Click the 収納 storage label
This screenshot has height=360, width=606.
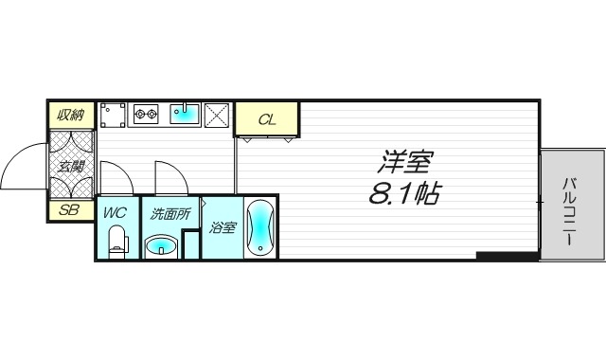pyautogui.click(x=71, y=116)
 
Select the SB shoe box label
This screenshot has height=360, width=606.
pyautogui.click(x=70, y=209)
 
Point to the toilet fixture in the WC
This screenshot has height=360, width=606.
pyautogui.click(x=117, y=245)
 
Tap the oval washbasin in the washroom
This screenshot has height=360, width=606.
pyautogui.click(x=163, y=248)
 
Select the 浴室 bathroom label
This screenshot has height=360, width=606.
pyautogui.click(x=223, y=227)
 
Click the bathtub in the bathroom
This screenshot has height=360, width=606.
pyautogui.click(x=261, y=228)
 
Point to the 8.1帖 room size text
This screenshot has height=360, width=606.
pyautogui.click(x=402, y=196)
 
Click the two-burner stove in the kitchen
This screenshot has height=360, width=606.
pyautogui.click(x=145, y=116)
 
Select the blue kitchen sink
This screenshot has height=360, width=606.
pyautogui.click(x=185, y=114)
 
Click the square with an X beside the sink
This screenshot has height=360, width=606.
pyautogui.click(x=217, y=115)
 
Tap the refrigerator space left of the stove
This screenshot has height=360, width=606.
pyautogui.click(x=113, y=115)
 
